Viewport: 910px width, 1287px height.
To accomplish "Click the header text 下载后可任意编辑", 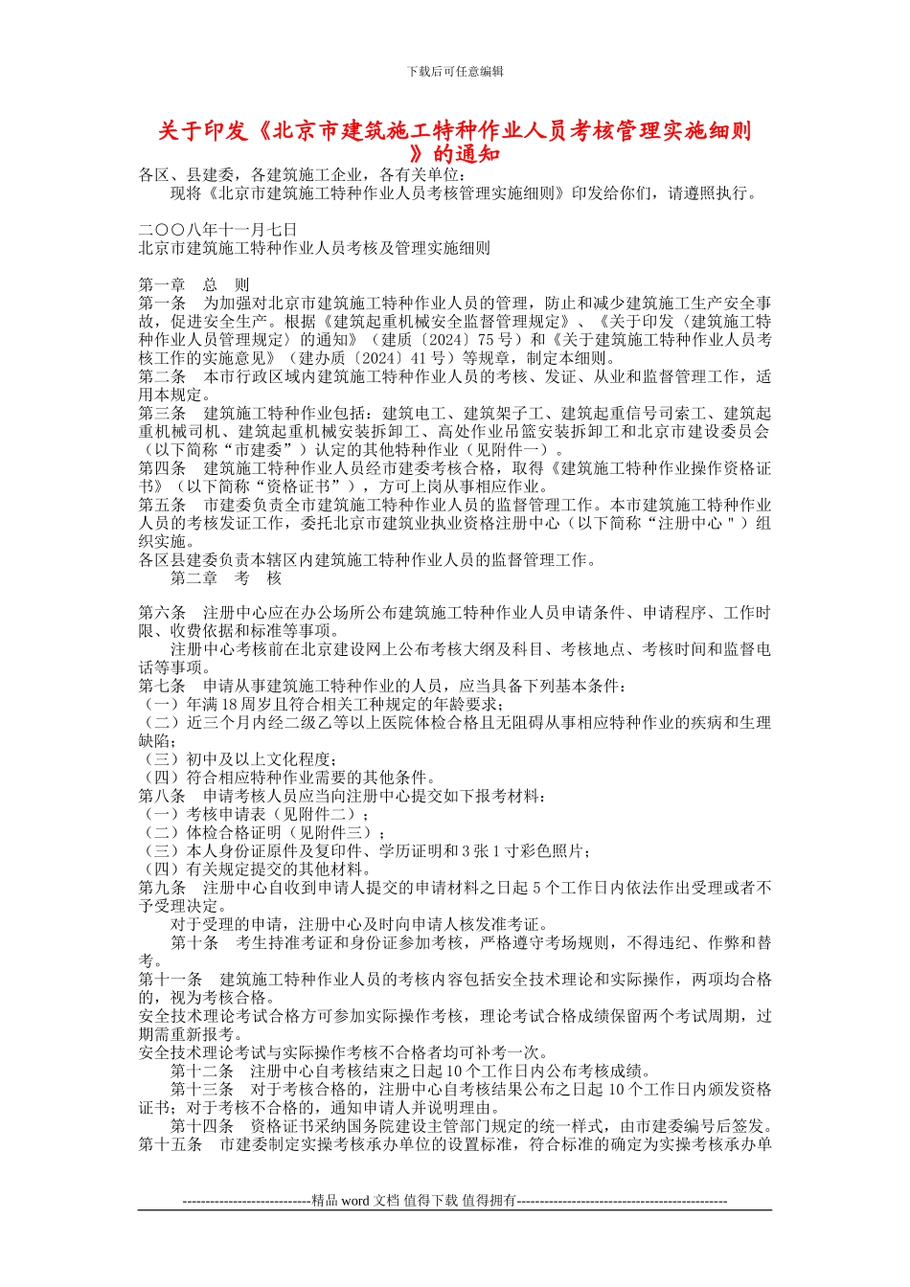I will click(x=455, y=71).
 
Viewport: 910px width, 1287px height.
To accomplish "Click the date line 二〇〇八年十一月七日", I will click(x=217, y=230).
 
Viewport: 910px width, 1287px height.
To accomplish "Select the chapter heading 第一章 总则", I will click(x=194, y=285).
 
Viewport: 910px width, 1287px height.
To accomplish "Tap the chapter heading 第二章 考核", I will click(x=226, y=578).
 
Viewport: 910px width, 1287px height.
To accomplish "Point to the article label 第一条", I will click(x=162, y=304).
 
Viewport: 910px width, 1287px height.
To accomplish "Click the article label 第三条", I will click(x=162, y=414).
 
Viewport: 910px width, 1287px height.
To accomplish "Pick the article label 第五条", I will click(x=162, y=505).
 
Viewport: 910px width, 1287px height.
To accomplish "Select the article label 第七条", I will click(x=162, y=687).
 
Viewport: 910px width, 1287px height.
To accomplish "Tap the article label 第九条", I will click(x=162, y=888).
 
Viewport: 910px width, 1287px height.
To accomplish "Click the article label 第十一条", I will click(x=171, y=980).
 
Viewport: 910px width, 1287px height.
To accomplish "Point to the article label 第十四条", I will click(x=202, y=1126).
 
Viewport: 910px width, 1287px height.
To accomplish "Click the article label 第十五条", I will click(x=171, y=1144).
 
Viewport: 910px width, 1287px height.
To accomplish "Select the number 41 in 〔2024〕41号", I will click(x=419, y=358).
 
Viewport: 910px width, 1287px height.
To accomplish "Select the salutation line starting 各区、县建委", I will click(x=301, y=175).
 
